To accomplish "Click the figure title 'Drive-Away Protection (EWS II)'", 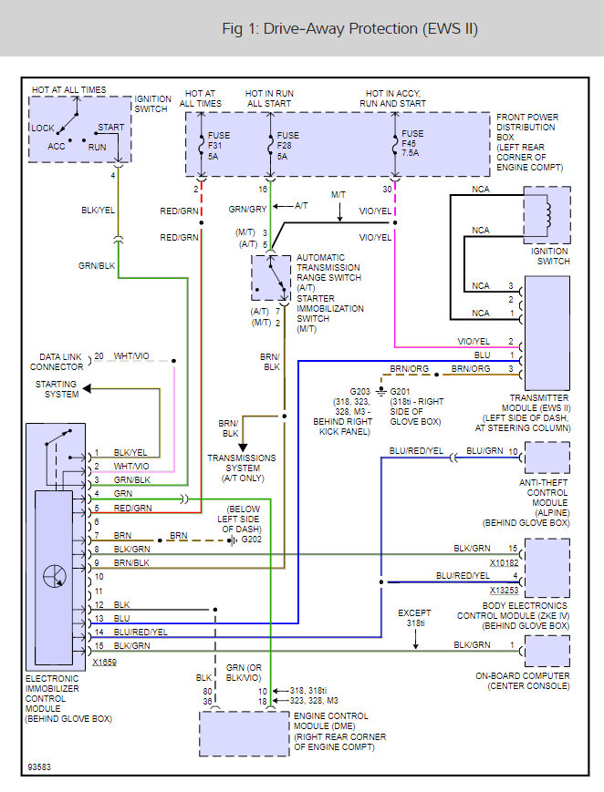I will click(349, 28).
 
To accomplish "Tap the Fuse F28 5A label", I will click(287, 145).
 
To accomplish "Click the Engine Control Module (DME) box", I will click(244, 733).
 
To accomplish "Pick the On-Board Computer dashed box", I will click(546, 651).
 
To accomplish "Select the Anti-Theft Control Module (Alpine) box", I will click(546, 458).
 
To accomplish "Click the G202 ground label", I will click(251, 540).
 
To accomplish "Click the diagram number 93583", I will click(39, 766).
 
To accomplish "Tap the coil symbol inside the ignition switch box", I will click(547, 214).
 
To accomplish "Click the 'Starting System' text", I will click(57, 389).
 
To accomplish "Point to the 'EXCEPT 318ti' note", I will click(414, 619).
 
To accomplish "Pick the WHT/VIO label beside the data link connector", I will click(132, 355).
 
